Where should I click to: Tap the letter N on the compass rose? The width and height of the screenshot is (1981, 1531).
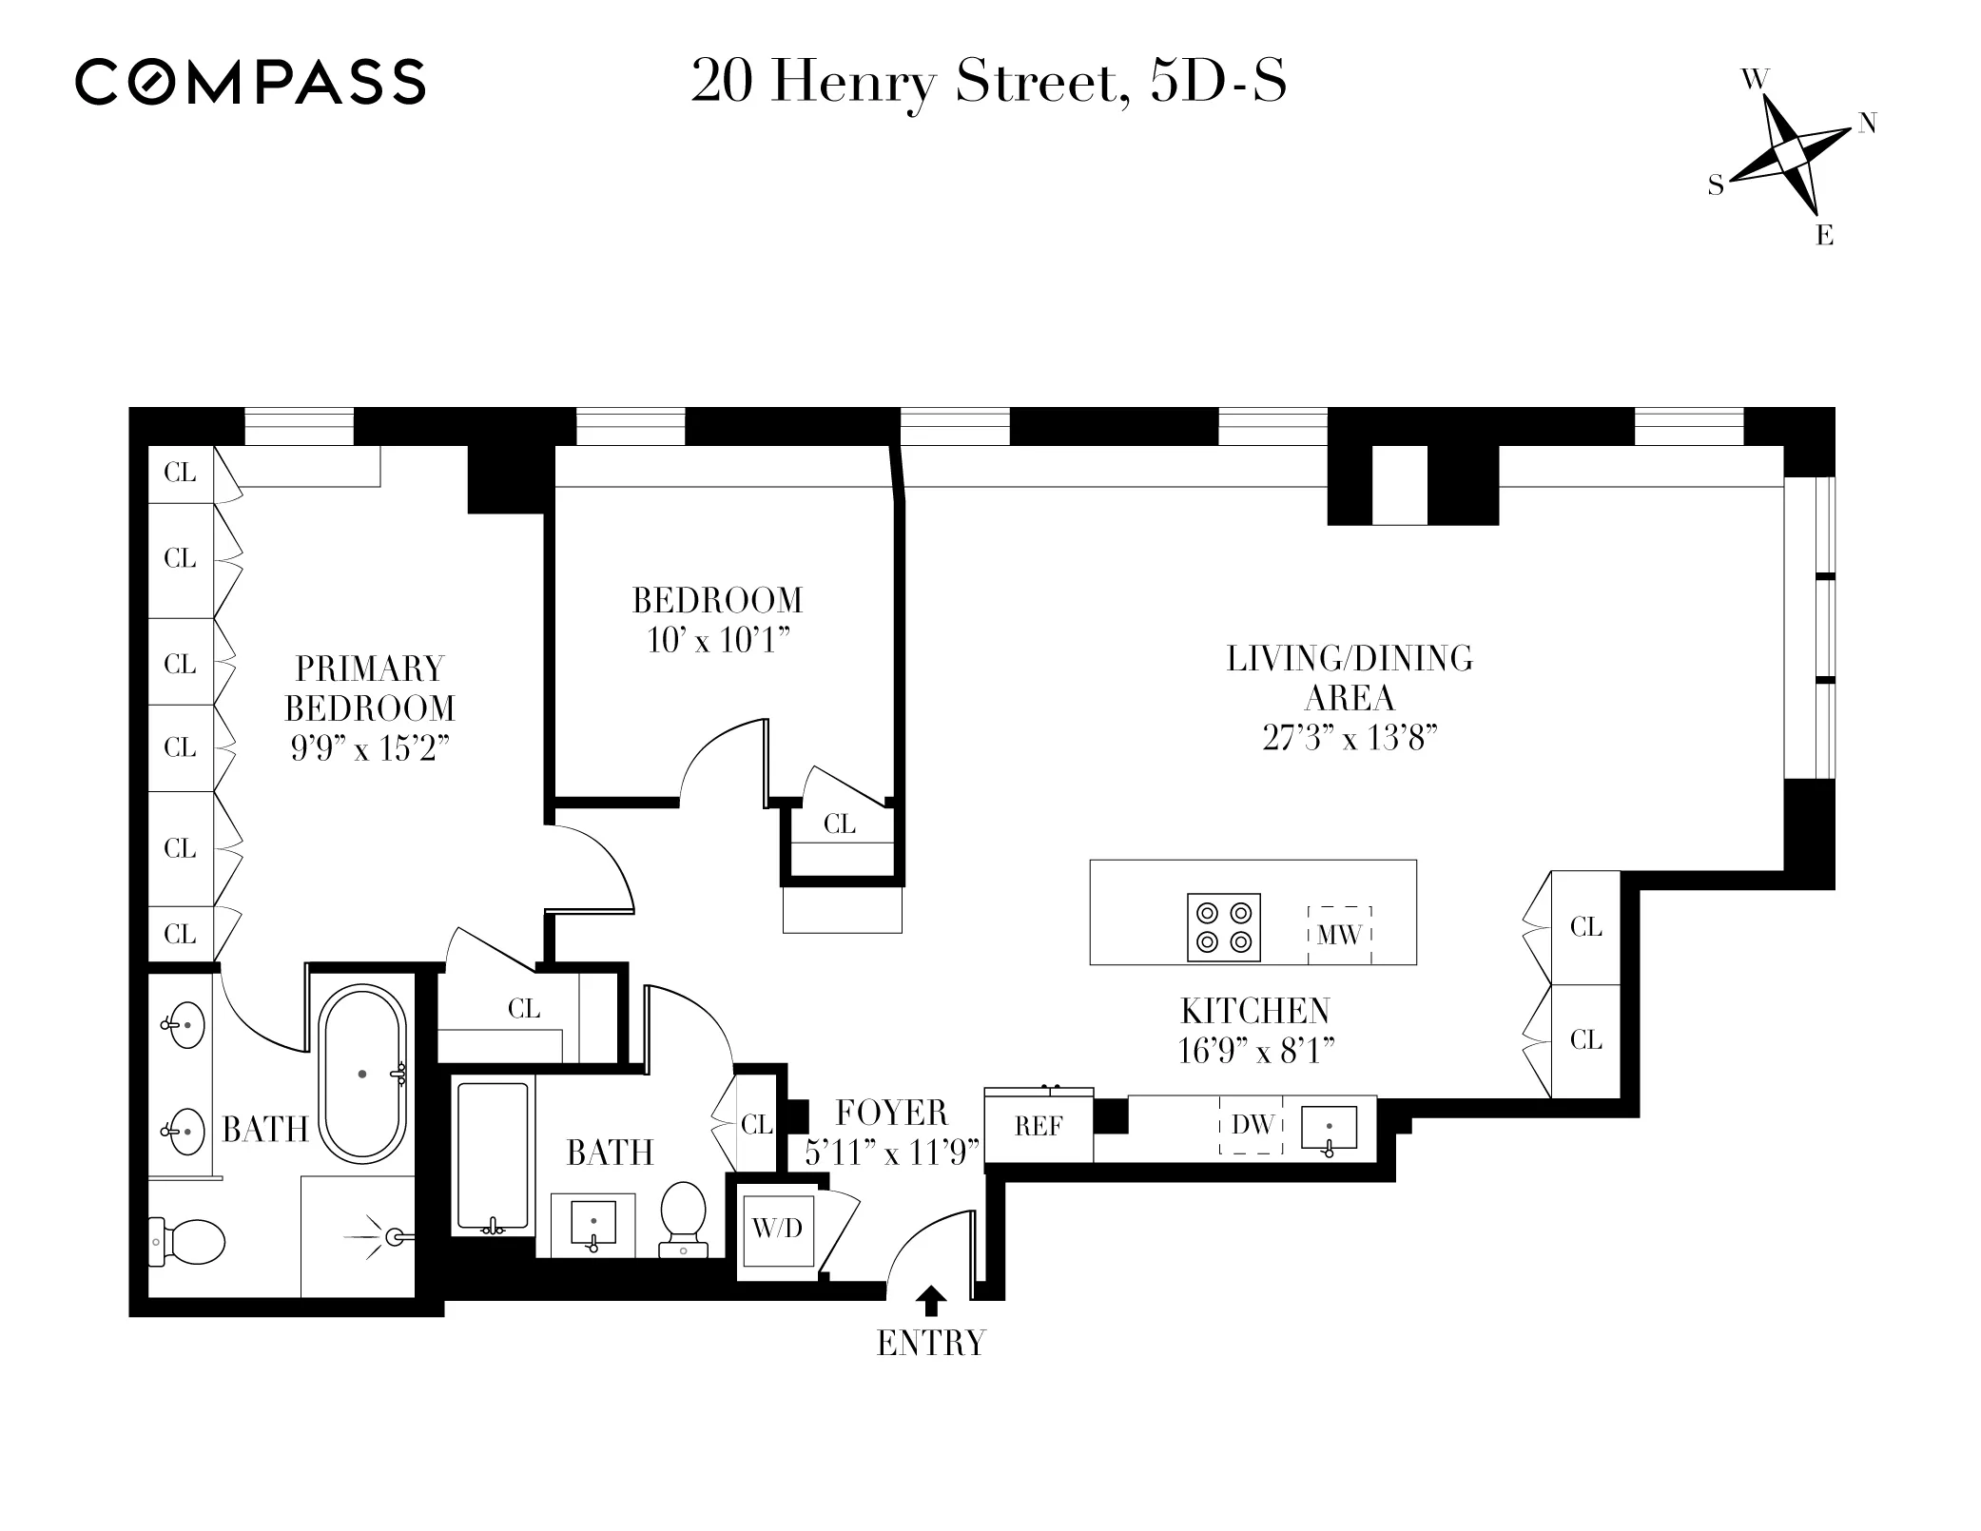(x=1867, y=123)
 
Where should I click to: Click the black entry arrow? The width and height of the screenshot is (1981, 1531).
(x=933, y=1300)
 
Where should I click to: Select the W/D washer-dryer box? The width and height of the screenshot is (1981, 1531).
(x=778, y=1230)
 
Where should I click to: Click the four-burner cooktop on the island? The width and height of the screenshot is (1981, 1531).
(x=1224, y=927)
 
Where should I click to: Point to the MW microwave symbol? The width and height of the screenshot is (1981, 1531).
(x=1339, y=935)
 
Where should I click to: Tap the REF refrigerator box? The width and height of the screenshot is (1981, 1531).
(x=1038, y=1127)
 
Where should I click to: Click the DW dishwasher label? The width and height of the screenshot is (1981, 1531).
(x=1252, y=1125)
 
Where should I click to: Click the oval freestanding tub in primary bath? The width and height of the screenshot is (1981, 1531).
(x=362, y=1074)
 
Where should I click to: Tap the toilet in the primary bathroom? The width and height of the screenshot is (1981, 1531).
(x=190, y=1242)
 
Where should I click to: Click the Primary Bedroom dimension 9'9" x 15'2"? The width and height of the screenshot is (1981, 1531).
(x=369, y=749)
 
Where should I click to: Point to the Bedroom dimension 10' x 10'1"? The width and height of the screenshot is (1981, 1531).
(x=718, y=641)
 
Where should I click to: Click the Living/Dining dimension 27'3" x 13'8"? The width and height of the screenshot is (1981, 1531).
(x=1349, y=738)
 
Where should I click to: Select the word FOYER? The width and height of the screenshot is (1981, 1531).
(x=891, y=1113)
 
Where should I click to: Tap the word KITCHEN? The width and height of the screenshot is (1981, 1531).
(x=1254, y=1011)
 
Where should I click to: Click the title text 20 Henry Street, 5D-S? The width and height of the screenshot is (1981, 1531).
(x=988, y=83)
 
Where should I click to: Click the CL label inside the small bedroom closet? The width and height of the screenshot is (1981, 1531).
(x=839, y=824)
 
